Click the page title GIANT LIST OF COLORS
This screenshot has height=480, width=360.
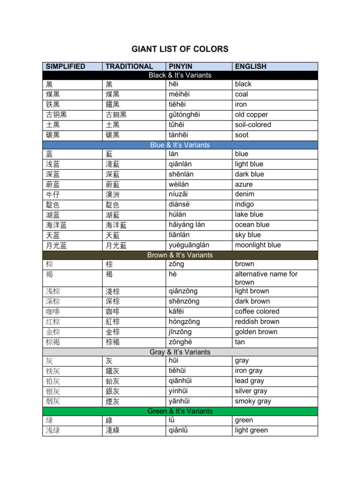180,49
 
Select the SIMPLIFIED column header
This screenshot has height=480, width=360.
66,67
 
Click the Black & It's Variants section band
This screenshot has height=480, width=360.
180,75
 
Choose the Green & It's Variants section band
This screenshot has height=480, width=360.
180,411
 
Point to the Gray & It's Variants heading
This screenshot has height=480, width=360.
180,352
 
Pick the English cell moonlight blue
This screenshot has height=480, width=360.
258,245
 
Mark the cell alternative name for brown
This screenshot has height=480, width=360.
266,278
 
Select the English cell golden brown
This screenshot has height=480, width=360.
257,332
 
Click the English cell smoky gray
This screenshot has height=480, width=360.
253,401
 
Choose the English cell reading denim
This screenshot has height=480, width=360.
245,194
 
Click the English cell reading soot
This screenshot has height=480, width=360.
242,135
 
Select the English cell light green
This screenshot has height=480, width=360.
251,430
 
